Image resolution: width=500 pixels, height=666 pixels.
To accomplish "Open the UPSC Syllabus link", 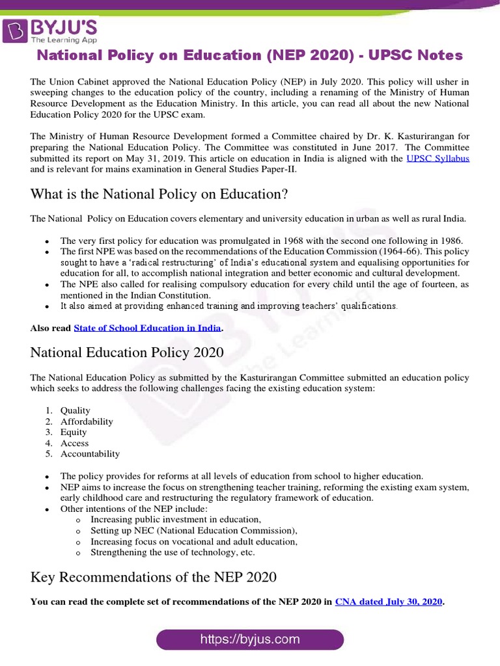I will [x=437, y=159].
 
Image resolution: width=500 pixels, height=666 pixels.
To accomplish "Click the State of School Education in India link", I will [x=147, y=328].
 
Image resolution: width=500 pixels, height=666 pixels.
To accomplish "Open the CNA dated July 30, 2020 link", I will [x=389, y=602].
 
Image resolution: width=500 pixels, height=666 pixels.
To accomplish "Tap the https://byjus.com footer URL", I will [x=250, y=639].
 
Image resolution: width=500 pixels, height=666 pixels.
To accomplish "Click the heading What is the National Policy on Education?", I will [x=159, y=194].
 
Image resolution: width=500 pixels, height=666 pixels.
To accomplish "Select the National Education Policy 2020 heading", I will [x=127, y=353].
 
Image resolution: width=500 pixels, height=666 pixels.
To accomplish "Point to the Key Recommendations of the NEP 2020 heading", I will [x=154, y=577].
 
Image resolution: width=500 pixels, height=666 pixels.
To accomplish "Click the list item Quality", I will [x=76, y=410].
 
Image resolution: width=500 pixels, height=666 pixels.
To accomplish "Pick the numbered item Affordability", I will [x=87, y=421].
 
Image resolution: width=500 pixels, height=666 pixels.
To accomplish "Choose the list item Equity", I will [x=74, y=432].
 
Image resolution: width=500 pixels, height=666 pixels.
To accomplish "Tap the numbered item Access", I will [x=74, y=443].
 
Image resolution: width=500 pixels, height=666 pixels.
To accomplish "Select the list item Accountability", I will [x=90, y=454].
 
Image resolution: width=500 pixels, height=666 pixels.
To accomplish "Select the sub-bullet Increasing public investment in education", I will [x=176, y=519].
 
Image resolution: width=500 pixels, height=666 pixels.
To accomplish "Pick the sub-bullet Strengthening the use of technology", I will [x=173, y=552].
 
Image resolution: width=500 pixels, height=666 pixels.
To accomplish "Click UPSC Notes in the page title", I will [x=414, y=55].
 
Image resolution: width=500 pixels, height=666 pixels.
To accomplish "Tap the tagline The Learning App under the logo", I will [x=61, y=40].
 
